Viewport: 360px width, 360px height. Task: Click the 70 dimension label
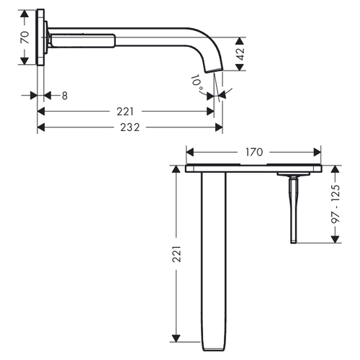click(x=25, y=37)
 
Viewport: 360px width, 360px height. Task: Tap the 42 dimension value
click(x=240, y=54)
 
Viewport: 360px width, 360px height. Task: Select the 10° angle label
click(x=197, y=82)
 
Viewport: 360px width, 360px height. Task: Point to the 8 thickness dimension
click(x=65, y=96)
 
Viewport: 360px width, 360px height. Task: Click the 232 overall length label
click(x=130, y=127)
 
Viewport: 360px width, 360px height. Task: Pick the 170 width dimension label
click(x=254, y=152)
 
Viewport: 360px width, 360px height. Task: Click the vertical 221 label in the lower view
click(x=177, y=253)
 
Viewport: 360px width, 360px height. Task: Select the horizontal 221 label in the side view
click(x=125, y=112)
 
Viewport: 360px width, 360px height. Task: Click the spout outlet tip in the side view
click(x=214, y=70)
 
